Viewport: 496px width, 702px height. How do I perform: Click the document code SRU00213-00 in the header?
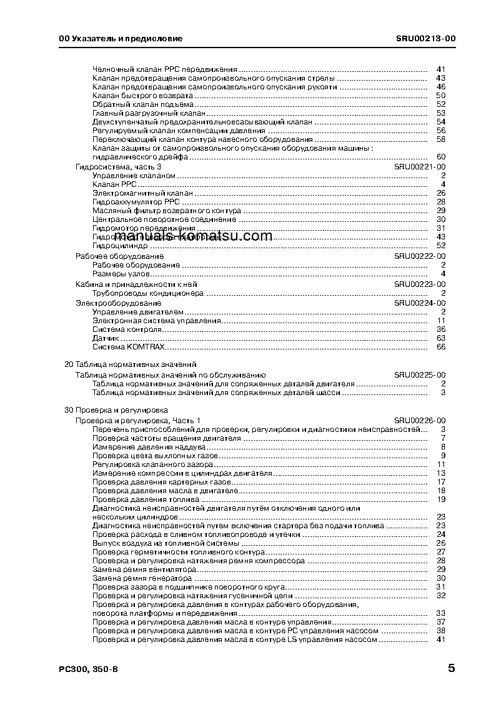click(x=425, y=38)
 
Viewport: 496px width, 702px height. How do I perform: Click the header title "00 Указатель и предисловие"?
click(x=120, y=38)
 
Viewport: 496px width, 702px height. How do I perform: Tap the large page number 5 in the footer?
click(x=451, y=668)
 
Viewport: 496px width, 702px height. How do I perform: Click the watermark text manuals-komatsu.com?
click(x=203, y=236)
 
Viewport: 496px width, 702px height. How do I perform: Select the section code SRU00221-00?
click(x=419, y=167)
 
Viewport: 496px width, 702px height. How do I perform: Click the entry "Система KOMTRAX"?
click(x=129, y=346)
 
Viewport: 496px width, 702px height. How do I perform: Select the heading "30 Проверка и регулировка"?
click(x=116, y=410)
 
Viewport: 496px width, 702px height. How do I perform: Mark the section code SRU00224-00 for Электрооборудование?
click(x=419, y=303)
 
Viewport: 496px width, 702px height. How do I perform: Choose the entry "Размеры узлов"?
click(x=121, y=274)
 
